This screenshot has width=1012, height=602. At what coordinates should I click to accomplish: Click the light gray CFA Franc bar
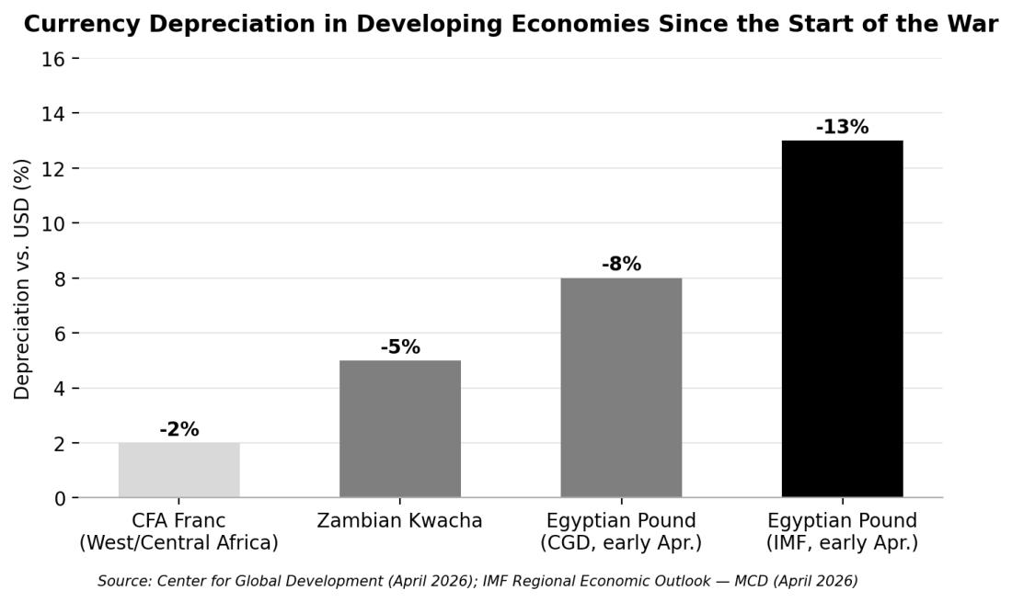pyautogui.click(x=178, y=470)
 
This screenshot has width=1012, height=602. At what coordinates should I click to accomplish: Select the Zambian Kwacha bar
pyautogui.click(x=400, y=428)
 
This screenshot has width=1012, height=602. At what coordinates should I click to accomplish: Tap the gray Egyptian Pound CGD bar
pyautogui.click(x=621, y=387)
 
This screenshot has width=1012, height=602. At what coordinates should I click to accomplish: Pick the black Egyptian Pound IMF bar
pyautogui.click(x=842, y=319)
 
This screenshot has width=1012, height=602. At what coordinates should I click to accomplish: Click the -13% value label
pyautogui.click(x=842, y=127)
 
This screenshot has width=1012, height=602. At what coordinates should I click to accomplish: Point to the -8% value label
pyautogui.click(x=621, y=265)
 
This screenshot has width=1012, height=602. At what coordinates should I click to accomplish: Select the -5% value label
pyautogui.click(x=400, y=346)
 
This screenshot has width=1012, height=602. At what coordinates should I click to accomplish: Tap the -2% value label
pyautogui.click(x=178, y=429)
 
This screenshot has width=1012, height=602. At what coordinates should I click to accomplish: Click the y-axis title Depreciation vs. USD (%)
pyautogui.click(x=21, y=279)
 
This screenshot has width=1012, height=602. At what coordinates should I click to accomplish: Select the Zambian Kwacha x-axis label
pyautogui.click(x=399, y=521)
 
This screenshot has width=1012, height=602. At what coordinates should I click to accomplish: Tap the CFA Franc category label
pyautogui.click(x=178, y=532)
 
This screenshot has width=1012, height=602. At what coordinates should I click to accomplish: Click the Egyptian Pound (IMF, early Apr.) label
pyautogui.click(x=842, y=532)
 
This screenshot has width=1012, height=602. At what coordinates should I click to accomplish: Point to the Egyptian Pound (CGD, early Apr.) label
pyautogui.click(x=621, y=532)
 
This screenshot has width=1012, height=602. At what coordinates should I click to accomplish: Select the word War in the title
pyautogui.click(x=978, y=24)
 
